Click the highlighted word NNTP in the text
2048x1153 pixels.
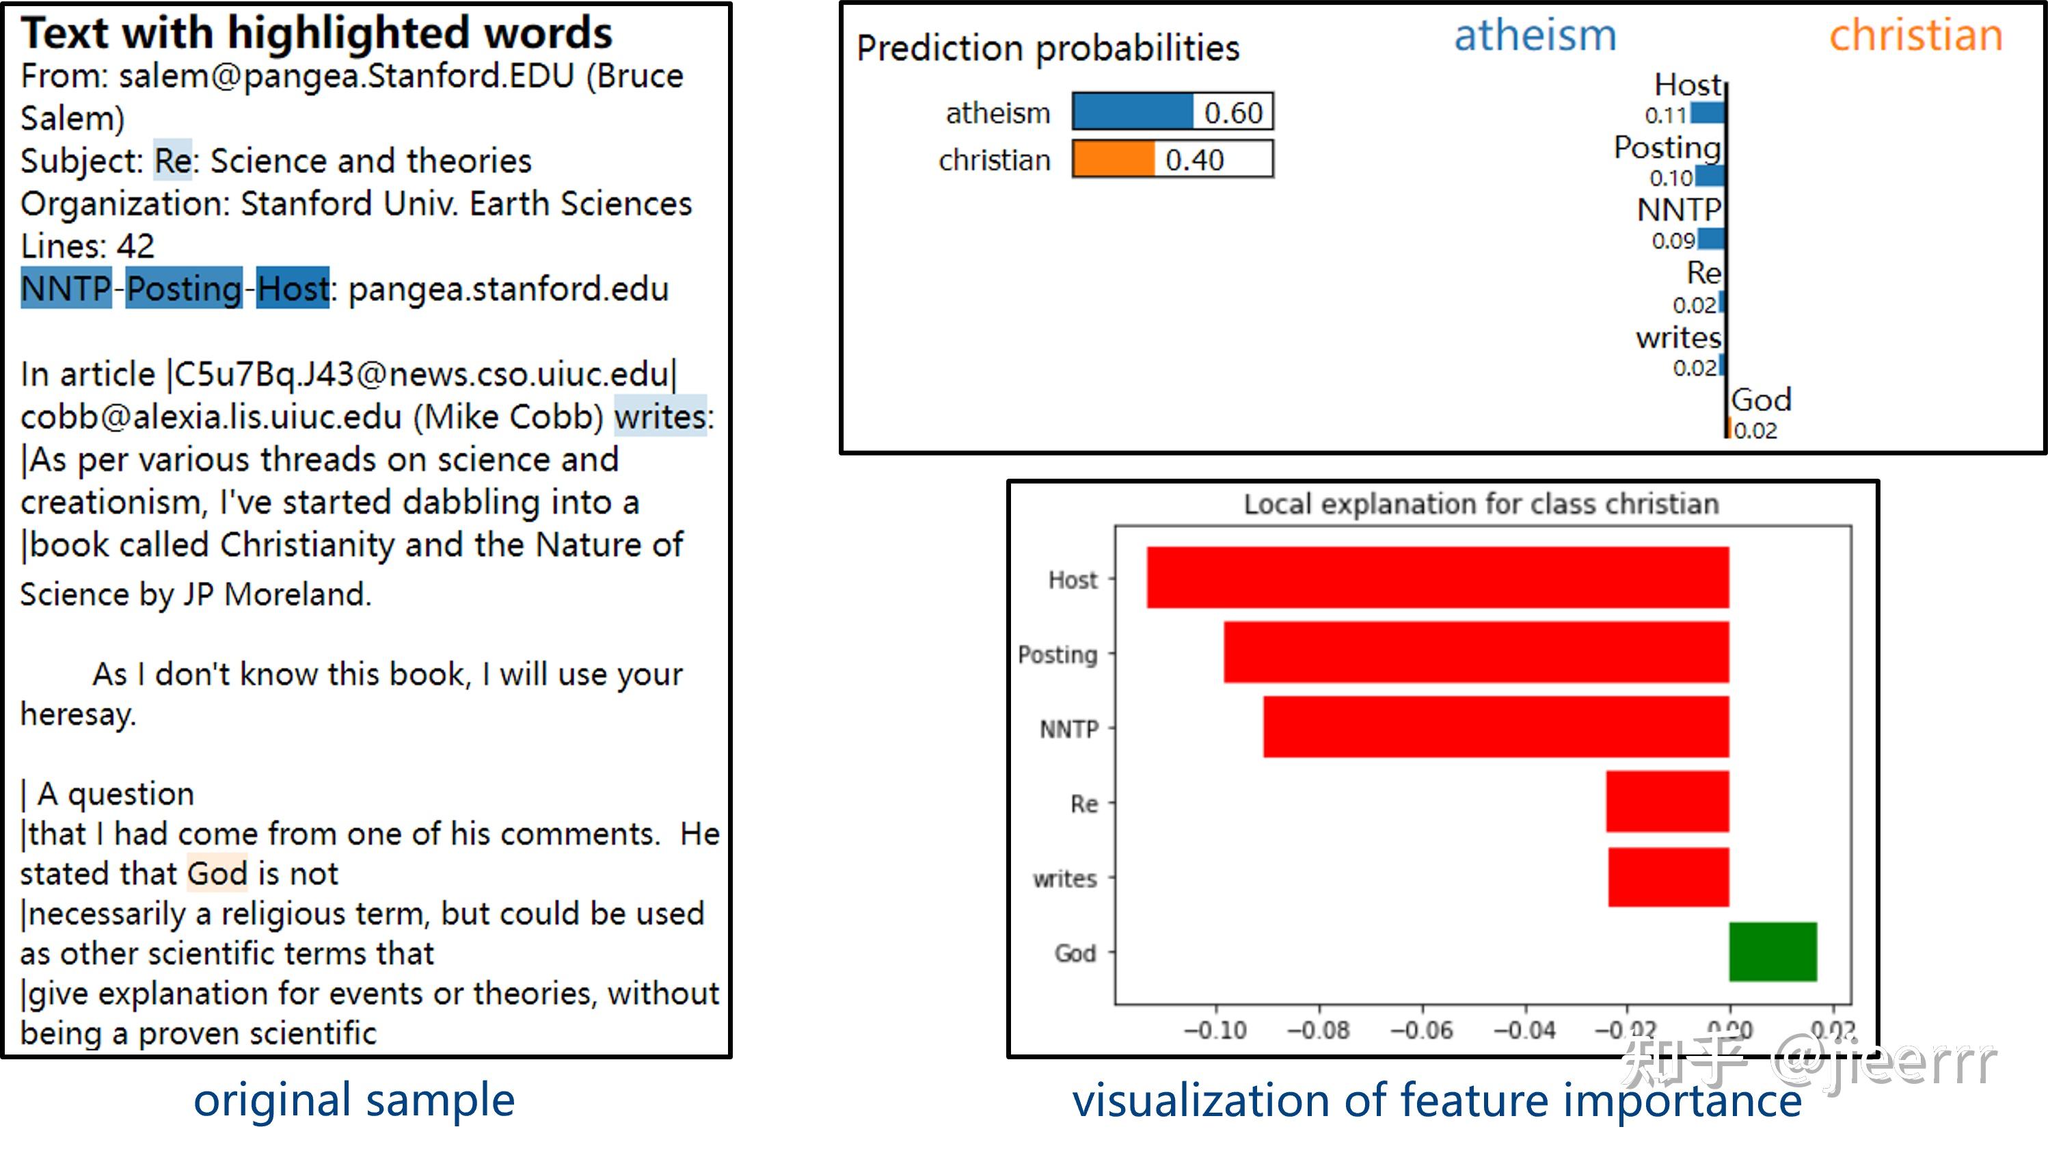pyautogui.click(x=66, y=288)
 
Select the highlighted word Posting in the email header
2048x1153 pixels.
pyautogui.click(x=185, y=288)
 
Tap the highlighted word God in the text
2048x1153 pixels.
pyautogui.click(x=218, y=873)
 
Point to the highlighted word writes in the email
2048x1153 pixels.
pyautogui.click(x=660, y=416)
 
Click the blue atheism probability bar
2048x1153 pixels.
pyautogui.click(x=1133, y=111)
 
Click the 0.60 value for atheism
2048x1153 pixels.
pyautogui.click(x=1233, y=112)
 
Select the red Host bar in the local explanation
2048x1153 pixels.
pyautogui.click(x=1438, y=577)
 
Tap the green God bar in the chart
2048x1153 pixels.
pyautogui.click(x=1773, y=952)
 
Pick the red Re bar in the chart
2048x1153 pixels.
pyautogui.click(x=1667, y=801)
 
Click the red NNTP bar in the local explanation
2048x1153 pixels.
pyautogui.click(x=1496, y=727)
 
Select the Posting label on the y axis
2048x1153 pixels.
pyautogui.click(x=1057, y=654)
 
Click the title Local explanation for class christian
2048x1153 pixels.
pyautogui.click(x=1481, y=503)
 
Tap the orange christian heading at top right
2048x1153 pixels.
pyautogui.click(x=1916, y=35)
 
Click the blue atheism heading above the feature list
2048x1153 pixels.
pyautogui.click(x=1535, y=35)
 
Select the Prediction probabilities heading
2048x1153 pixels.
pyautogui.click(x=1048, y=48)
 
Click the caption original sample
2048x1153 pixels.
pyautogui.click(x=355, y=1100)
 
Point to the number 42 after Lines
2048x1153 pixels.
pyautogui.click(x=136, y=246)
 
